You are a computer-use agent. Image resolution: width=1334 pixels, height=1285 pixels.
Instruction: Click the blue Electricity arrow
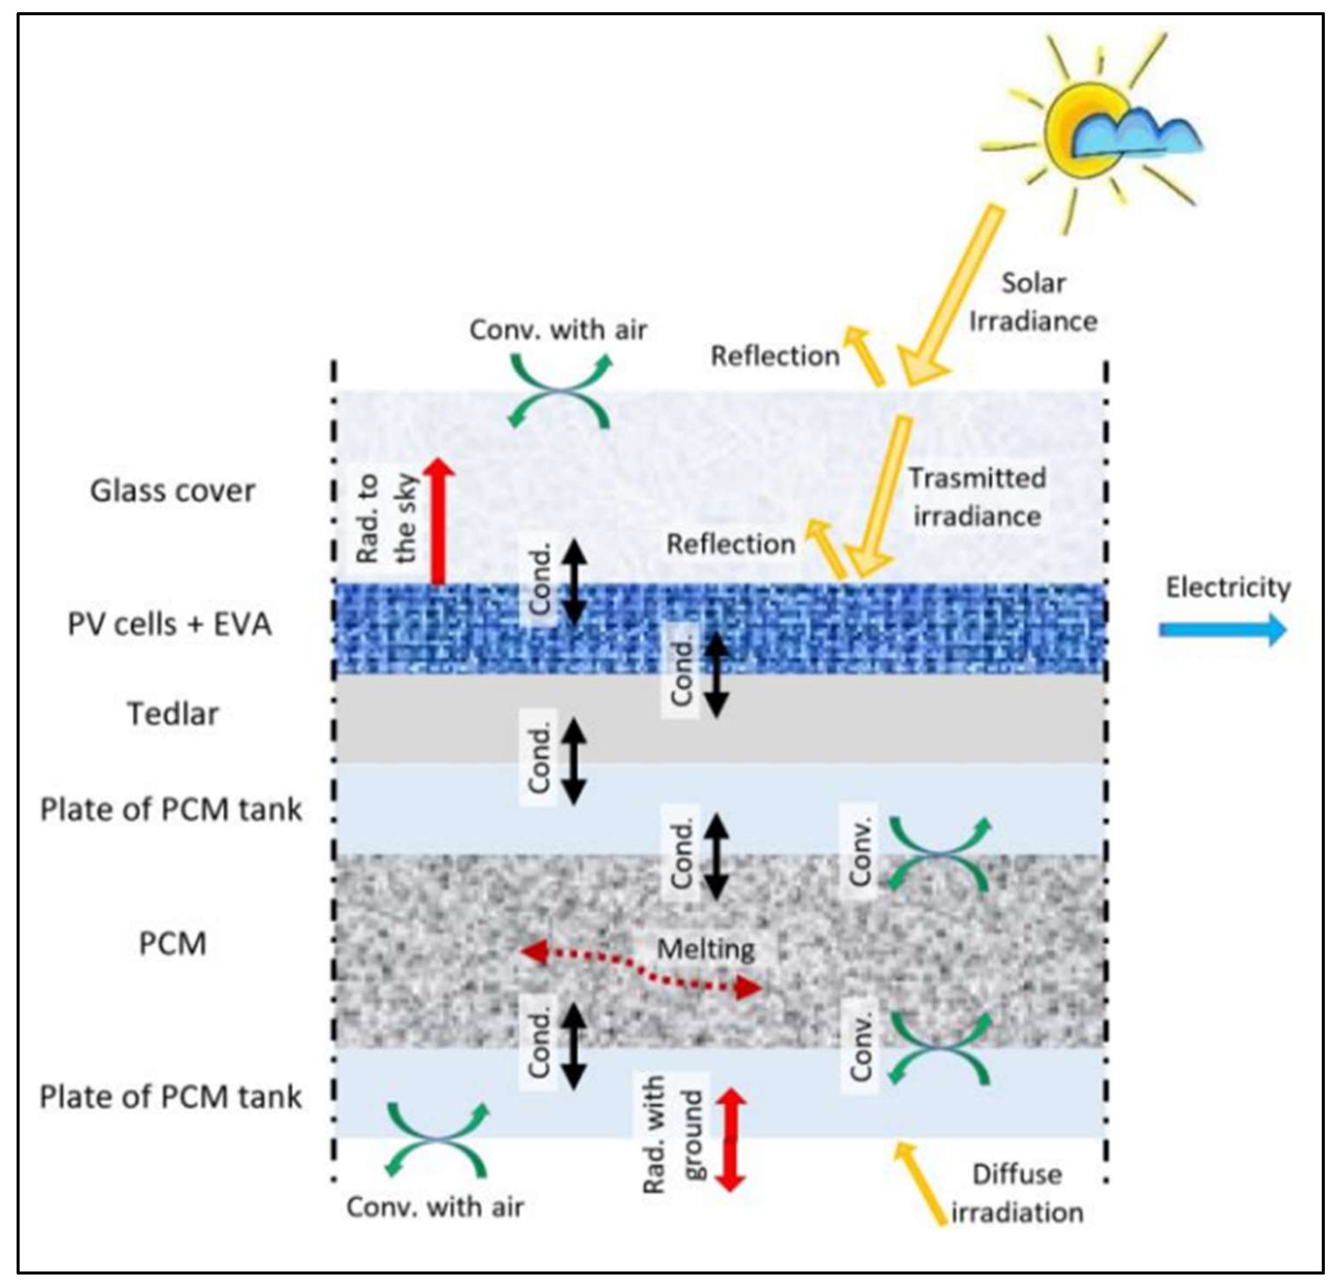point(1221,630)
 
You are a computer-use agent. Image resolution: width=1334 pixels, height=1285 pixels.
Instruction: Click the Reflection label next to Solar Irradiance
point(774,356)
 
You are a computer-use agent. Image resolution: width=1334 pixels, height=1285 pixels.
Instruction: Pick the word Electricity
point(1228,587)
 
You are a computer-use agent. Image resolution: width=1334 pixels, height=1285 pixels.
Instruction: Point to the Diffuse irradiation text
point(1017,1194)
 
